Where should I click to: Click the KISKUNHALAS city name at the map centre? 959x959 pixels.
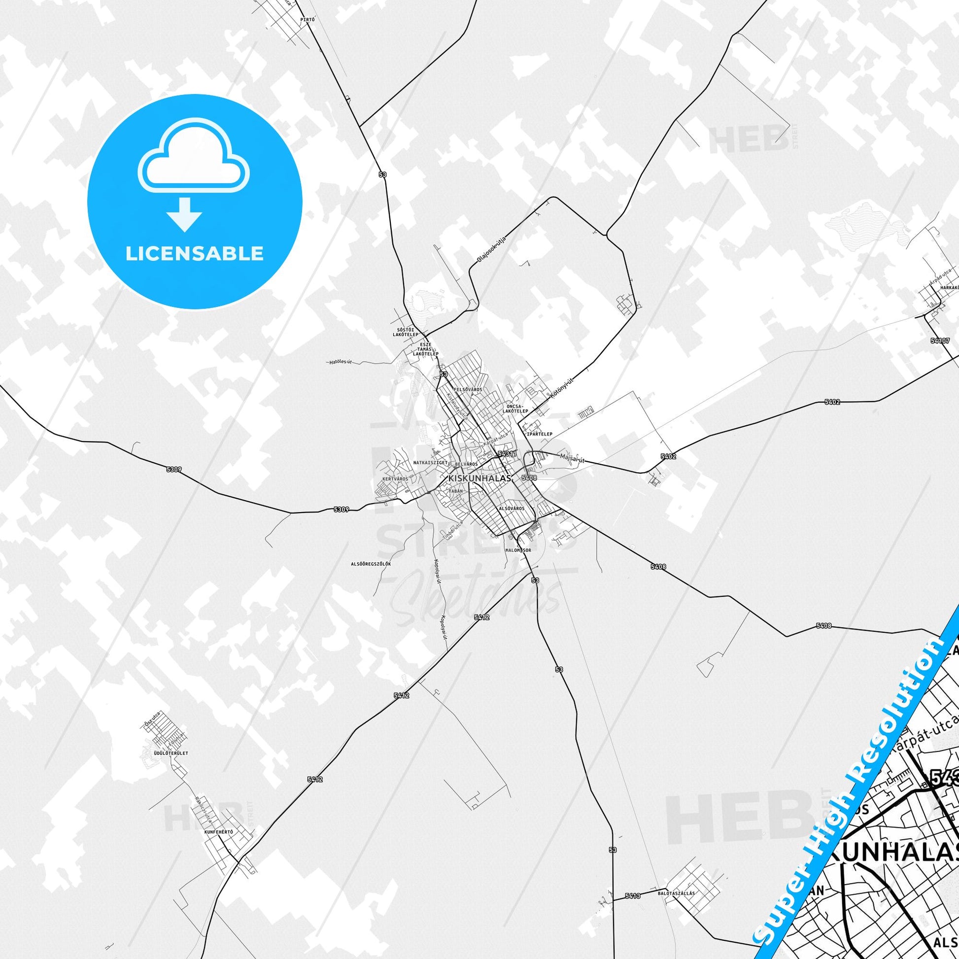click(x=473, y=478)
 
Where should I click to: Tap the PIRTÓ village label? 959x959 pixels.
click(x=308, y=20)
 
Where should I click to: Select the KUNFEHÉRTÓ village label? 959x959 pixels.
click(x=218, y=636)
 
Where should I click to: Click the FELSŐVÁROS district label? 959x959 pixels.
click(x=468, y=390)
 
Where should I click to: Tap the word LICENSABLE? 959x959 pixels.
click(x=195, y=253)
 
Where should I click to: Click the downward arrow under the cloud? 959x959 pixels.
click(x=184, y=214)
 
